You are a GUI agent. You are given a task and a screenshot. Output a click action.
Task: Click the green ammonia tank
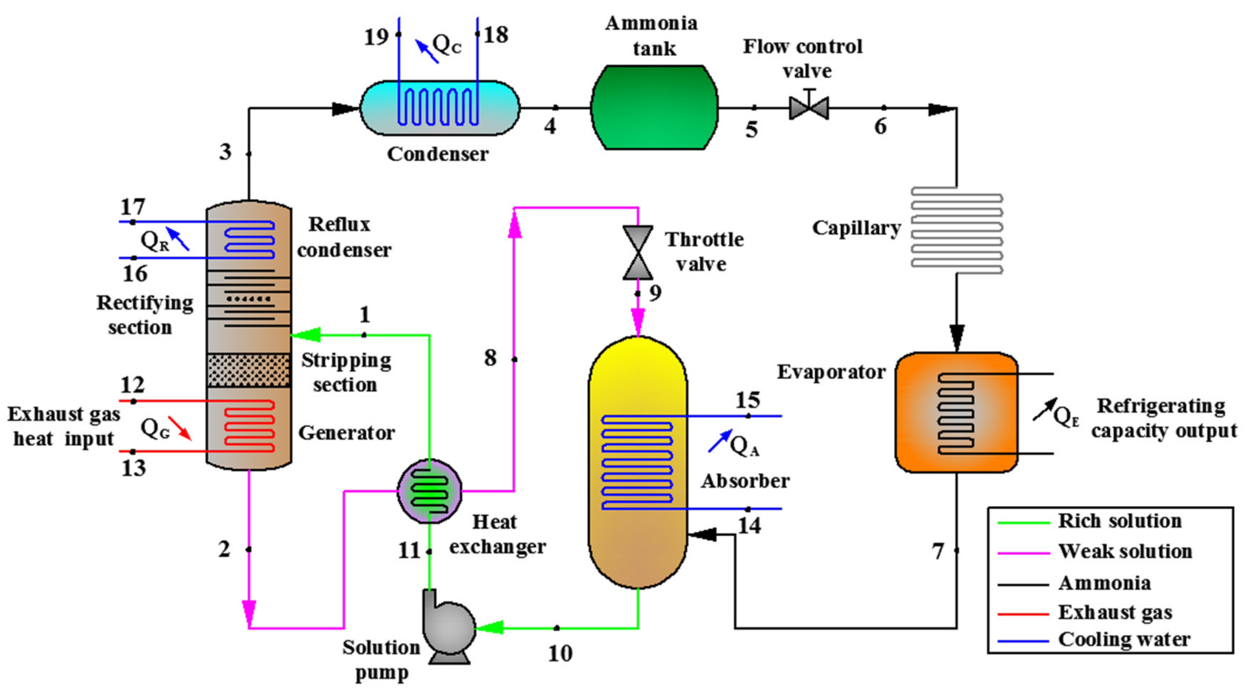click(x=654, y=107)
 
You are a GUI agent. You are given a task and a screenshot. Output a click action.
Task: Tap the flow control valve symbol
click(x=809, y=107)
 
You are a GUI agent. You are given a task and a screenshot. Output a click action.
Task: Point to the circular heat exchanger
click(x=429, y=491)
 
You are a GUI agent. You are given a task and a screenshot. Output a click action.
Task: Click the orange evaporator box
click(x=956, y=412)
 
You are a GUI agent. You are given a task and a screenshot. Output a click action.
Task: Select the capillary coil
click(x=956, y=231)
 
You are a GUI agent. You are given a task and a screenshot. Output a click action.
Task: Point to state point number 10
click(x=560, y=653)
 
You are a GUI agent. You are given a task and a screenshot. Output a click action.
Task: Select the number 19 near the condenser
click(x=376, y=37)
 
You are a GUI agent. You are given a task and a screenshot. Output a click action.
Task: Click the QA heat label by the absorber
click(x=744, y=445)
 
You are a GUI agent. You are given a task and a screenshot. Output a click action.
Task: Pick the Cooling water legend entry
click(x=1124, y=640)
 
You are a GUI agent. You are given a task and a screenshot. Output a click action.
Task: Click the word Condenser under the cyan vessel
click(x=437, y=154)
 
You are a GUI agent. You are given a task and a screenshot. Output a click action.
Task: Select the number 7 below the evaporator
click(x=938, y=551)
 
